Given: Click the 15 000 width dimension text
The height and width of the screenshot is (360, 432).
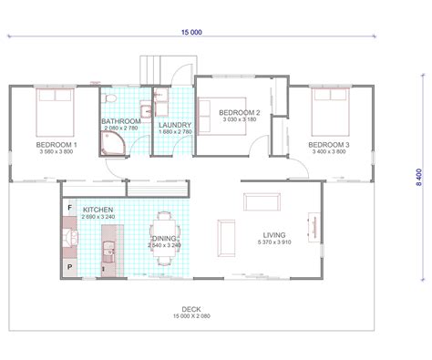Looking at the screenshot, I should [x=192, y=31].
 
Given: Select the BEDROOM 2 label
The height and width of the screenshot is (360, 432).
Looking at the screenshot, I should [x=241, y=111].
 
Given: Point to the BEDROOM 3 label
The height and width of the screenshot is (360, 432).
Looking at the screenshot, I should [x=327, y=145].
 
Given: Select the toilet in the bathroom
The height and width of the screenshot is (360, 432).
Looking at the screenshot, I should [x=108, y=97].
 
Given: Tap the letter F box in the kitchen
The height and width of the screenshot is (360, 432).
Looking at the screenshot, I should [x=70, y=207].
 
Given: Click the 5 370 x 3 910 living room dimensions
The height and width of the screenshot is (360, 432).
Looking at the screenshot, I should [x=274, y=243].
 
